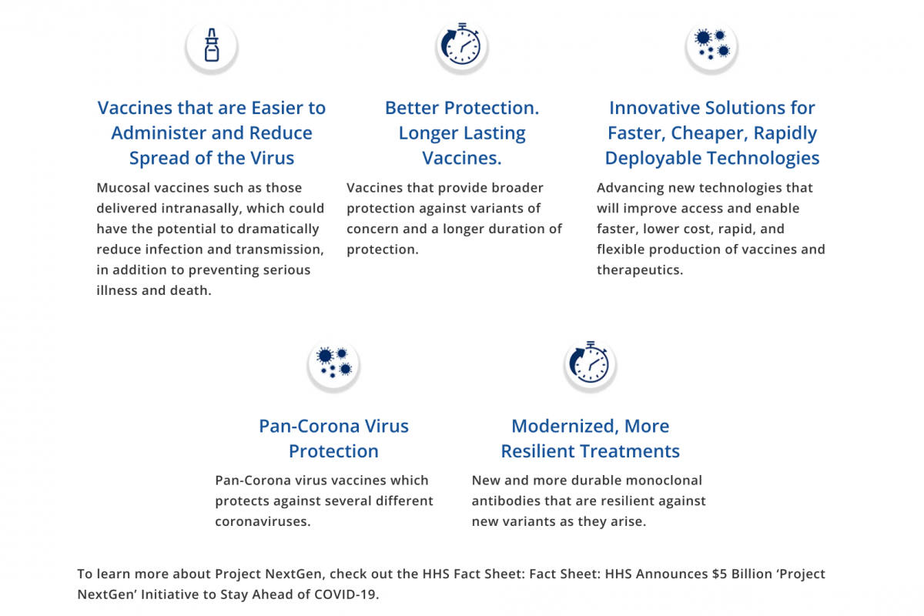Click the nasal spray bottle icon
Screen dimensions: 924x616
pos(212,45)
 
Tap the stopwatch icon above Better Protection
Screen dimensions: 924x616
pos(461,44)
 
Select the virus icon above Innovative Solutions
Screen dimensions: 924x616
pos(711,44)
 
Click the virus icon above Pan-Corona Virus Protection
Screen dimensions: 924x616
pos(333,362)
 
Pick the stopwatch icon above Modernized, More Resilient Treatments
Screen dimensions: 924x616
pos(590,362)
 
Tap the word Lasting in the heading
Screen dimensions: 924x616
pos(494,133)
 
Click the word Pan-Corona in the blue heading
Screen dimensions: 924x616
pos(303,427)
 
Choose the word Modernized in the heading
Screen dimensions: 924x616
pos(564,427)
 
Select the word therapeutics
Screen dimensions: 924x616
pos(640,269)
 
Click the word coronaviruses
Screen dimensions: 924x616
pos(263,521)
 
